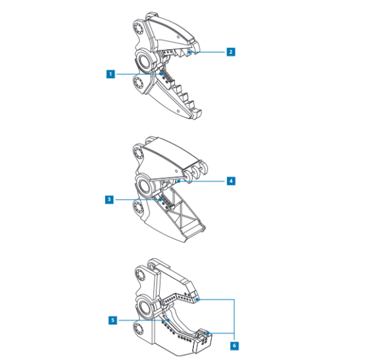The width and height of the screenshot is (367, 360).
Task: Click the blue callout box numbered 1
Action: (110, 74)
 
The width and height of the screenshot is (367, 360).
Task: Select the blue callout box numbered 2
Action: (231, 52)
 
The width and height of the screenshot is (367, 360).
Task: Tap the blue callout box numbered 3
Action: (109, 200)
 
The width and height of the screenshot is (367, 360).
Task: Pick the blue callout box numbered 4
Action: (231, 181)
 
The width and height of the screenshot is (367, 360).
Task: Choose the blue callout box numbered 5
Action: (113, 321)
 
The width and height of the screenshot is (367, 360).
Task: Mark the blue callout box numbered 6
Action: (234, 346)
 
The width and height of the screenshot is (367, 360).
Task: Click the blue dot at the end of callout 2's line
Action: (189, 52)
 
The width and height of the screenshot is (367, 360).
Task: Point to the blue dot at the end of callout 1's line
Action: (161, 74)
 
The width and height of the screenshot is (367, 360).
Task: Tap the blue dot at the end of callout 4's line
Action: (179, 181)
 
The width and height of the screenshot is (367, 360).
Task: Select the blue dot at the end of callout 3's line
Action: (160, 200)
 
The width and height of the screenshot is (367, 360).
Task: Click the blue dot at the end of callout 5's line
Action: (168, 321)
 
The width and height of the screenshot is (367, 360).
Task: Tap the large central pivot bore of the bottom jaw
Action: (145, 307)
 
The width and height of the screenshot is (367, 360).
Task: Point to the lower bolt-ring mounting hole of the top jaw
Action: (138, 83)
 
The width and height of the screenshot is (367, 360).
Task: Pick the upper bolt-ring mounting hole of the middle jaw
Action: (138, 154)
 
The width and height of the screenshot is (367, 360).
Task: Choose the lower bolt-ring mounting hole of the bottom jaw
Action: (139, 330)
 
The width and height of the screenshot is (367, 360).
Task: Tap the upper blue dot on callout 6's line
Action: (197, 299)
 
